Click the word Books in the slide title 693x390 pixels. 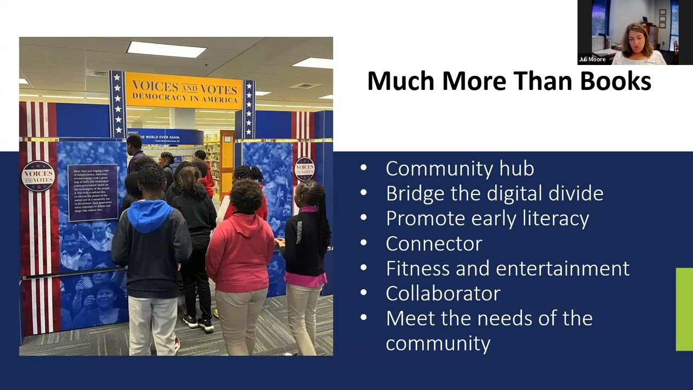tap(616, 81)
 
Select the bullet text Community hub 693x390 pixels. tap(460, 168)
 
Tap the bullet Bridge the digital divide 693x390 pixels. tap(494, 193)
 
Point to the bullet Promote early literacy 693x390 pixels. tap(487, 218)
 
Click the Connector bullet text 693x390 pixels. tap(434, 243)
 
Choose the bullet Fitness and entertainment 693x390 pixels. tap(507, 268)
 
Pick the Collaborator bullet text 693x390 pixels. tap(443, 293)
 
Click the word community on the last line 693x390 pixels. tap(438, 343)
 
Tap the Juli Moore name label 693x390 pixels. tap(592, 60)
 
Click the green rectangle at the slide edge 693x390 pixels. tap(684, 309)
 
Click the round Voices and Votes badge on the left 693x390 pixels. tap(38, 175)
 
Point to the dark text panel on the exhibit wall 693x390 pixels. tap(93, 192)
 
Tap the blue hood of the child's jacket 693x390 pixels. tap(149, 215)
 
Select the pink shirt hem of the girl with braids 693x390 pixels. tap(306, 279)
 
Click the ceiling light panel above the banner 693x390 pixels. tap(166, 49)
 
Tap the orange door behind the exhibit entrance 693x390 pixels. tap(227, 162)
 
